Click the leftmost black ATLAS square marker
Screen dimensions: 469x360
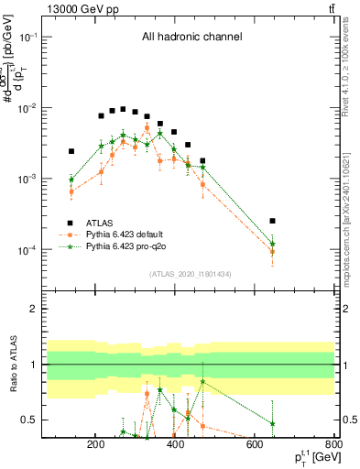pos(71,151)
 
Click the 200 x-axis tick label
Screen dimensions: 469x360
pos(95,446)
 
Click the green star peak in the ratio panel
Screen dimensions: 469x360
pos(202,381)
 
